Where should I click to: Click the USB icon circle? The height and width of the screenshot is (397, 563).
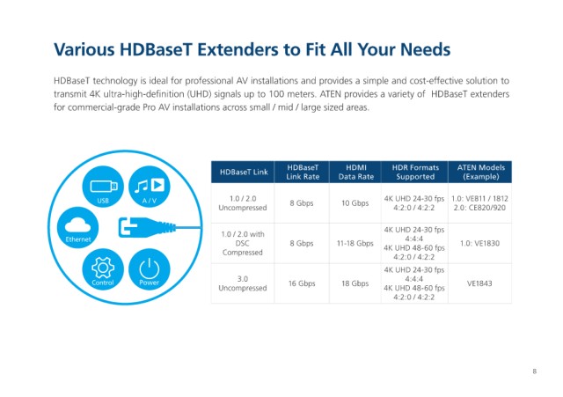[103, 187]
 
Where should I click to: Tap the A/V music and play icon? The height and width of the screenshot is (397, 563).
[150, 187]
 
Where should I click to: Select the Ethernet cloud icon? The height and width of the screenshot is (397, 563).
[78, 227]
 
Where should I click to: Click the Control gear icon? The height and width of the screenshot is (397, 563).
[103, 269]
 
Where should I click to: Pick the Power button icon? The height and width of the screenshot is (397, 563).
[150, 269]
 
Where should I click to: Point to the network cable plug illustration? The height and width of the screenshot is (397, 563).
[147, 227]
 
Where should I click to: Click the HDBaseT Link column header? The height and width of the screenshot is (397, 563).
[243, 173]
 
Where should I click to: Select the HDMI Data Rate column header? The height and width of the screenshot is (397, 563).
[355, 173]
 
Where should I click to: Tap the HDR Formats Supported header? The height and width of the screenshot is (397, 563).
[414, 173]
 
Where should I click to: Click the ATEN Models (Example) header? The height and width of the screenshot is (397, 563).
[480, 173]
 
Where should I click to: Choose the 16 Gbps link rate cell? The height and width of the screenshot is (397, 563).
[302, 283]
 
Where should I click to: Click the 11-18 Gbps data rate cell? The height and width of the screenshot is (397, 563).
[355, 243]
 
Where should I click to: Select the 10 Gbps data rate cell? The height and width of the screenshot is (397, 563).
[355, 203]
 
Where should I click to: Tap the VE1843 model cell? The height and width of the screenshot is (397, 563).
[479, 283]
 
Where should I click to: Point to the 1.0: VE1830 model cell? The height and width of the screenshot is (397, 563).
[479, 243]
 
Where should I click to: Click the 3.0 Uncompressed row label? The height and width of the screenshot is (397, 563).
[243, 283]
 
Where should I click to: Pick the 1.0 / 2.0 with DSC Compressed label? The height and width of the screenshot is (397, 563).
[243, 243]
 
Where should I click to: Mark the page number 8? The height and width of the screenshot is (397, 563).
[534, 371]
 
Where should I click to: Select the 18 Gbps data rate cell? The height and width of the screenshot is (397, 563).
[355, 283]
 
